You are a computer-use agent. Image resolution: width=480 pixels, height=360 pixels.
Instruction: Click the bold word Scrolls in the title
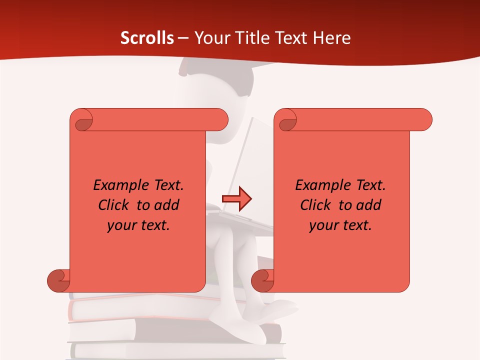pos(147,38)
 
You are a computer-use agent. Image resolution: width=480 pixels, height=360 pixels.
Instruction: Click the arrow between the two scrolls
pos(236,199)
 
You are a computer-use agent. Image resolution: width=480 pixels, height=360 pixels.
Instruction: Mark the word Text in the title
pos(289,38)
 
